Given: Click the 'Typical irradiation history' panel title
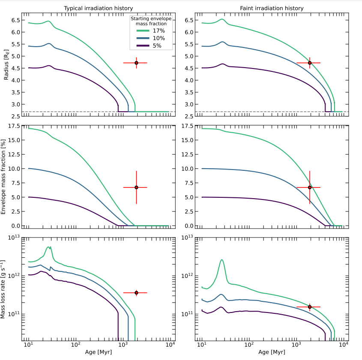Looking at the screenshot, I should pyautogui.click(x=98, y=8).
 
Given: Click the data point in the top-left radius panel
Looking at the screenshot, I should pyautogui.click(x=136, y=63).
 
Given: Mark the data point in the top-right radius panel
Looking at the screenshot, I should pyautogui.click(x=310, y=63).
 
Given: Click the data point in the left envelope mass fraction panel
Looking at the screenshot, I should pyautogui.click(x=136, y=187).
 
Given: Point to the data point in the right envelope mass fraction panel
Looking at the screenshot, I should pyautogui.click(x=310, y=187).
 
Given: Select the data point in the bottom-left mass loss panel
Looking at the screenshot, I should pyautogui.click(x=136, y=293).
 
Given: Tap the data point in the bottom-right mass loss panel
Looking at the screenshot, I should pyautogui.click(x=310, y=307).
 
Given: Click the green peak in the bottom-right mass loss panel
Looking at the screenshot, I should pyautogui.click(x=222, y=260).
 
